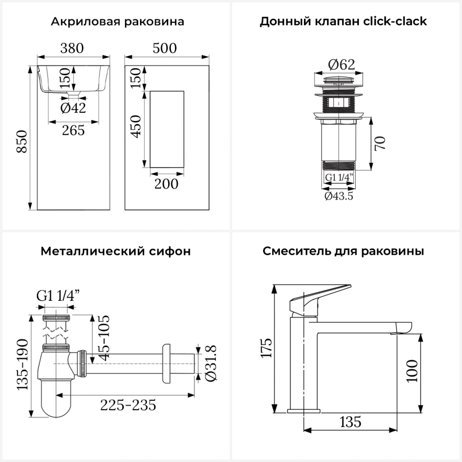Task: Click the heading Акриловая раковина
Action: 117,22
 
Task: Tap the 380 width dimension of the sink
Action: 72,48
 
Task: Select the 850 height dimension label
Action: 22,141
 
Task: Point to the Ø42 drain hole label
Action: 73,108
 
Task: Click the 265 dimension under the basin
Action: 73,131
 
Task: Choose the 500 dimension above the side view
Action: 165,48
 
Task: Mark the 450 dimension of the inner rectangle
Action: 136,127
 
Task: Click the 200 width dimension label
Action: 166,184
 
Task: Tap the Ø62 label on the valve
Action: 341,64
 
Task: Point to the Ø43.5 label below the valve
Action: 339,196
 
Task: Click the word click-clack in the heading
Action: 395,21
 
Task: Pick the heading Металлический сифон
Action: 115,251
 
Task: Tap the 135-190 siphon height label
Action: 22,365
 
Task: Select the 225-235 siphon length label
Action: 128,405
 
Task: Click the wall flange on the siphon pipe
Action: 166,363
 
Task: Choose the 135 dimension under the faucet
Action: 351,422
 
